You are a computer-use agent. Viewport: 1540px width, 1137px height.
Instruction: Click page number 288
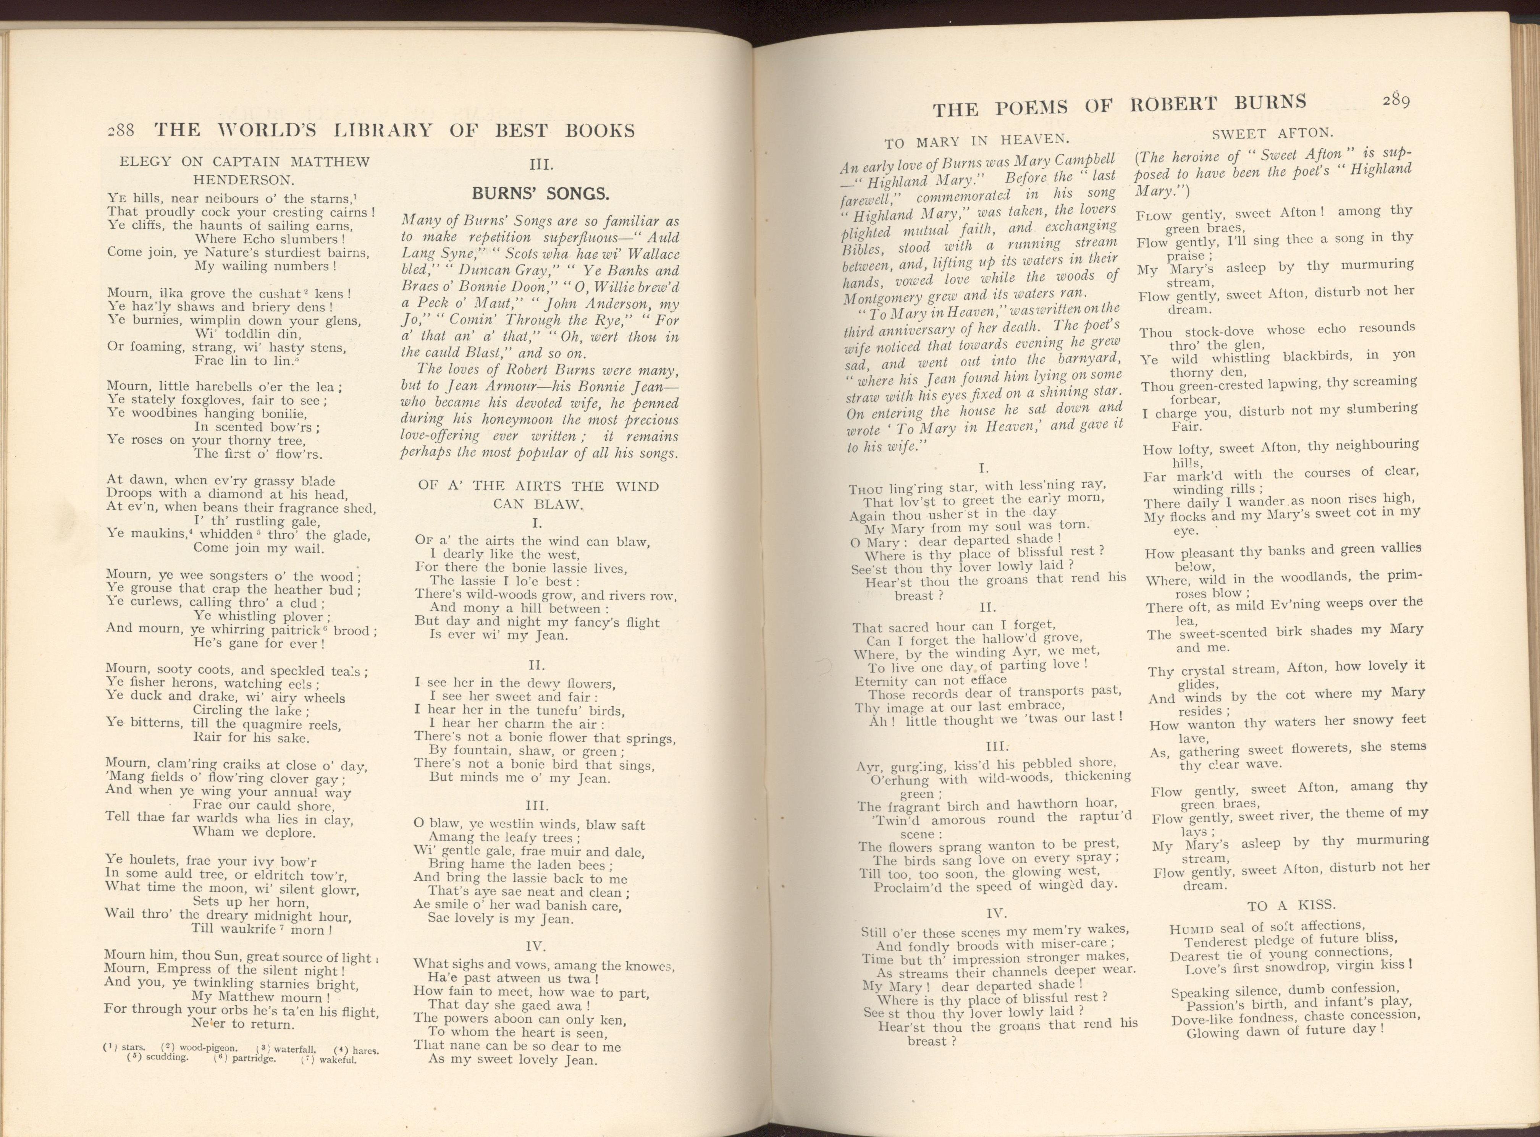123,130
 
